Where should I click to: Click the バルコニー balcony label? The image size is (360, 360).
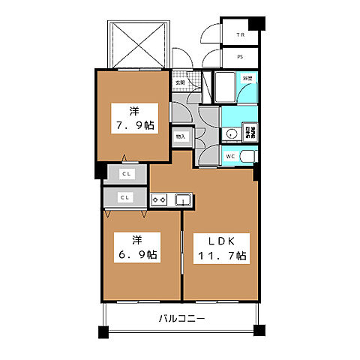181,318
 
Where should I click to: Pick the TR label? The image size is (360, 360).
240,35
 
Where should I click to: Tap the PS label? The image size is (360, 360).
240,57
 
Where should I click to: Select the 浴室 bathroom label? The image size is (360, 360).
247,77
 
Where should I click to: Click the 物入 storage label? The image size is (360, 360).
181,137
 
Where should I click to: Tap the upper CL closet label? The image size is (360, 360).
126,173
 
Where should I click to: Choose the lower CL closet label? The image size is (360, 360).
126,197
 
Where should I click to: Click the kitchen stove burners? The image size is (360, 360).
159,199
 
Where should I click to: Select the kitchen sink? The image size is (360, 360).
182,199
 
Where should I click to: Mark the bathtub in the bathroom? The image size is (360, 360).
224,87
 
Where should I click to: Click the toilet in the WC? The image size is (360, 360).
247,157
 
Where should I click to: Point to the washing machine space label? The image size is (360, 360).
253,133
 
